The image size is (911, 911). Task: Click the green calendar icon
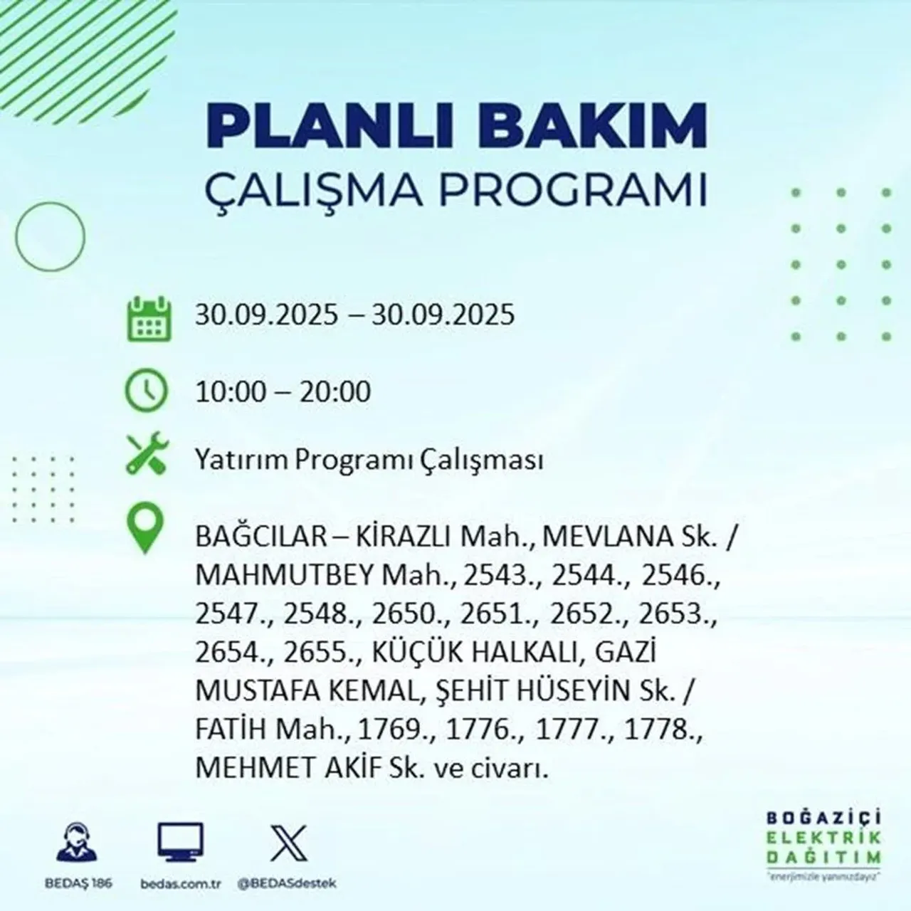click(x=149, y=317)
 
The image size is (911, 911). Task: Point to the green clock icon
click(x=147, y=391)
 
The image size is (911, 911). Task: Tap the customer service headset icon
click(x=77, y=843)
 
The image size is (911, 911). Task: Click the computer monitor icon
click(x=180, y=843)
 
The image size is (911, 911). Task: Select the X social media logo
click(x=289, y=843)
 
